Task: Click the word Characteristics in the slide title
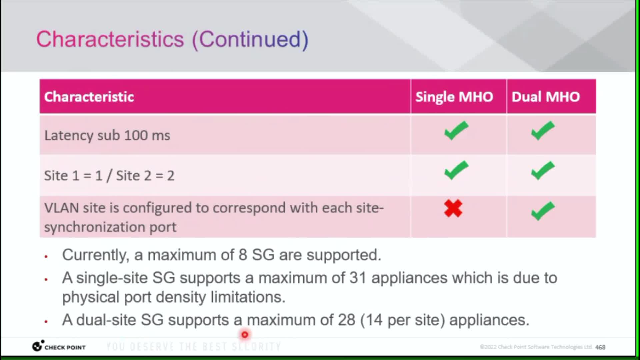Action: pyautogui.click(x=110, y=39)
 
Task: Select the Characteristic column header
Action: pyautogui.click(x=89, y=97)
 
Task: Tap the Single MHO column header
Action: pyautogui.click(x=454, y=97)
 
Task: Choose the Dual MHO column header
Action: pyautogui.click(x=546, y=97)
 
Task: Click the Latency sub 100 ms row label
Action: pyautogui.click(x=107, y=136)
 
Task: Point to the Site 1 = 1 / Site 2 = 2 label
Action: pyautogui.click(x=109, y=176)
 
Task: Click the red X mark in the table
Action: pyautogui.click(x=453, y=208)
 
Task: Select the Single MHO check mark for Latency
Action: pyautogui.click(x=456, y=131)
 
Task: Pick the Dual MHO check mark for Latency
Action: pyautogui.click(x=543, y=131)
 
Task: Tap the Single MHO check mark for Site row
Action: pyautogui.click(x=456, y=171)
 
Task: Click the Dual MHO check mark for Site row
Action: pyautogui.click(x=543, y=171)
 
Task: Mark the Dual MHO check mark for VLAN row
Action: pyautogui.click(x=543, y=211)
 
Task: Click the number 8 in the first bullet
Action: pyautogui.click(x=243, y=255)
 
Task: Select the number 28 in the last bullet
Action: pyautogui.click(x=346, y=320)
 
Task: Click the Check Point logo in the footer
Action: pyautogui.click(x=59, y=346)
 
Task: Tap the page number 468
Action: pyautogui.click(x=600, y=347)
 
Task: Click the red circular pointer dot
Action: pyautogui.click(x=245, y=334)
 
